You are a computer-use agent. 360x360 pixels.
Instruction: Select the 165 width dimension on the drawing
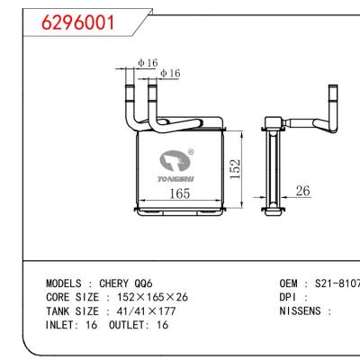pos(180,193)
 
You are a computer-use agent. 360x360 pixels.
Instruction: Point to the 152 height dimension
pos(235,168)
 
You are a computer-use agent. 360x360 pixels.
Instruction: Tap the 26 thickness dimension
pos(302,191)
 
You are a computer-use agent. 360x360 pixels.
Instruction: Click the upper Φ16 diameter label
pos(147,62)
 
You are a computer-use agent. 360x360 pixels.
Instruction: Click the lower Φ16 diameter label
pos(169,73)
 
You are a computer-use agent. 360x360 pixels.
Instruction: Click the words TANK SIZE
pos(74,310)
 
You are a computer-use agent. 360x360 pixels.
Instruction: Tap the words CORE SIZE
pos(74,296)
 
